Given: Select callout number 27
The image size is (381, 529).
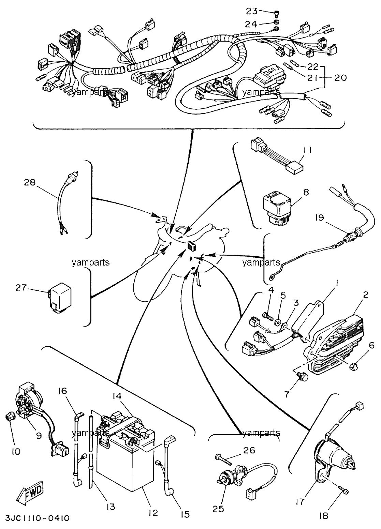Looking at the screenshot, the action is pyautogui.click(x=21, y=288).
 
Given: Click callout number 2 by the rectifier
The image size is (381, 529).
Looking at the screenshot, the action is pyautogui.click(x=365, y=294).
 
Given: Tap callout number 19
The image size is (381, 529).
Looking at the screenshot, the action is pyautogui.click(x=319, y=217).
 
